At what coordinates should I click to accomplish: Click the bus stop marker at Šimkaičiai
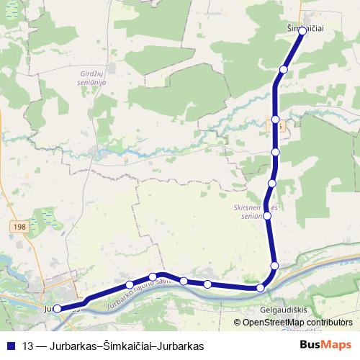[x=302, y=32]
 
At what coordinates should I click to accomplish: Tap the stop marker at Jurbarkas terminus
[x=57, y=309]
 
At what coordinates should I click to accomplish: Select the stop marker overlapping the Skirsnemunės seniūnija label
[x=267, y=215]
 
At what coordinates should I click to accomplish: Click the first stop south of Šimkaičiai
[x=284, y=69]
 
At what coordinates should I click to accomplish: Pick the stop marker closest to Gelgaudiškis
[x=261, y=288]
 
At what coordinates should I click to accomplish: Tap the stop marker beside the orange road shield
[x=276, y=119]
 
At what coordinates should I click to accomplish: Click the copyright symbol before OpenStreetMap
[x=237, y=322]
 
